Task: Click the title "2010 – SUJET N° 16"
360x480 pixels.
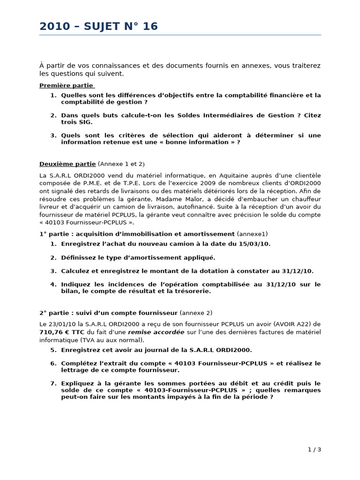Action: (x=98, y=27)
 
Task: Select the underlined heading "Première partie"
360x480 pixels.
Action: (x=66, y=85)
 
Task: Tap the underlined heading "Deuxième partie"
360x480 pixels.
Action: (x=67, y=164)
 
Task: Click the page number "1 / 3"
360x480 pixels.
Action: (x=314, y=450)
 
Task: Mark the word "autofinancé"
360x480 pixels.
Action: (x=206, y=207)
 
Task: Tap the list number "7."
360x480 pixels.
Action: (x=53, y=383)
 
